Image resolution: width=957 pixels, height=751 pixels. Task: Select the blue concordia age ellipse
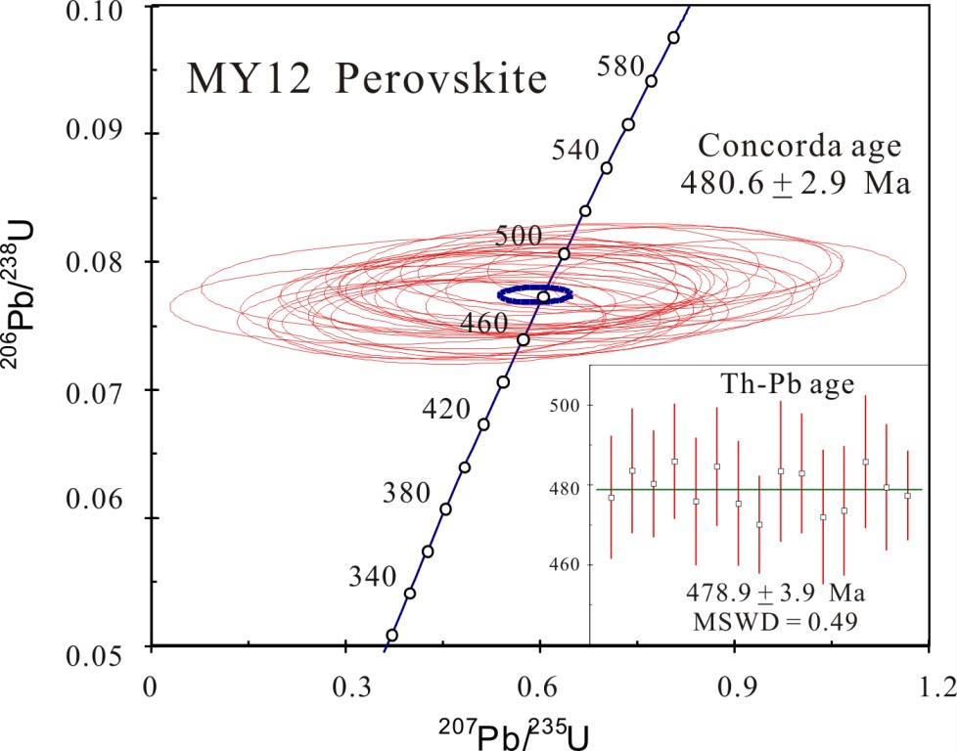(534, 293)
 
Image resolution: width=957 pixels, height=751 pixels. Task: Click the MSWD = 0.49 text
(758, 620)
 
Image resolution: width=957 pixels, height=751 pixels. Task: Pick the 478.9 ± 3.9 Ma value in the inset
(758, 594)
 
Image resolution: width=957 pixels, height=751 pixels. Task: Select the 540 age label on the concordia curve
(573, 150)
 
